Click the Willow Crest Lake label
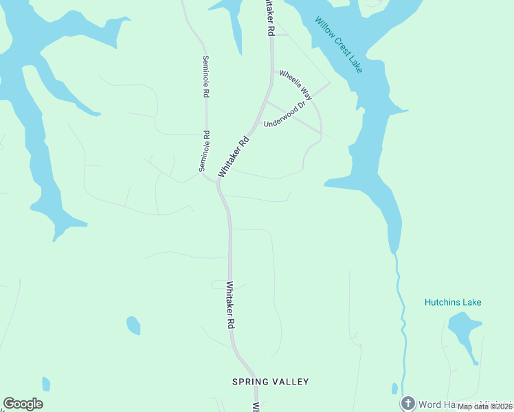339,45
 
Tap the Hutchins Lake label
453,302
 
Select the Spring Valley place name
270,382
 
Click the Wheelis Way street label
295,86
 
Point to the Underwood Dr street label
283,117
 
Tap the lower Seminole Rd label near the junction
203,151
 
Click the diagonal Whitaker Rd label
232,157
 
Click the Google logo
23,404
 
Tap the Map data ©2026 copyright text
484,407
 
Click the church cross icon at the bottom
408,403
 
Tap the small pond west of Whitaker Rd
133,325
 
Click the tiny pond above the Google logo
46,384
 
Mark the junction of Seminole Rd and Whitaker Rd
216,180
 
